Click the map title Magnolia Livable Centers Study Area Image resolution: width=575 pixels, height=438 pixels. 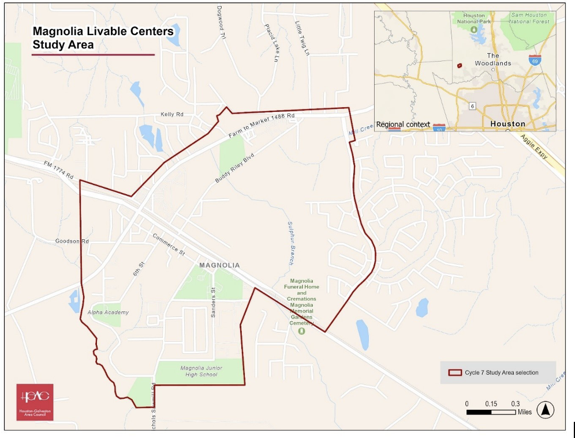tap(103, 37)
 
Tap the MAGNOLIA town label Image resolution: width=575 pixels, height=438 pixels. tap(219, 265)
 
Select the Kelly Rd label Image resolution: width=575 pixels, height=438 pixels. tap(171, 115)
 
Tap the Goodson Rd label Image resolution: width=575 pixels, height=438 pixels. tap(72, 241)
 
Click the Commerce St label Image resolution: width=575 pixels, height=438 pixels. tap(168, 244)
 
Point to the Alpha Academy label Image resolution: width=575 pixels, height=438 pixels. tap(108, 312)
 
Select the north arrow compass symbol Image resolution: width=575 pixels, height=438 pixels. tap(545, 410)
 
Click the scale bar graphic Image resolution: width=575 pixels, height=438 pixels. tap(491, 412)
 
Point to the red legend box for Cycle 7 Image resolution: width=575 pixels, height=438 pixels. tap(455, 372)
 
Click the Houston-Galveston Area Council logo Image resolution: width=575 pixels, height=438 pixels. tap(35, 402)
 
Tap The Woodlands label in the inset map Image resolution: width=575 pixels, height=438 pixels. tap(492, 59)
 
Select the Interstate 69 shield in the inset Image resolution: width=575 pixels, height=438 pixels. tap(535, 59)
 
